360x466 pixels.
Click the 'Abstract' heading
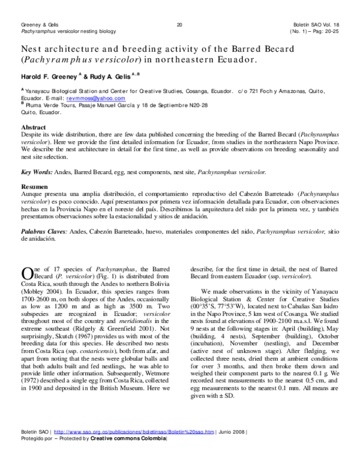[x=34, y=128]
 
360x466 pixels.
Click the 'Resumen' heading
[x=35, y=186]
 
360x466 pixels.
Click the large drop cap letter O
[x=27, y=273]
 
